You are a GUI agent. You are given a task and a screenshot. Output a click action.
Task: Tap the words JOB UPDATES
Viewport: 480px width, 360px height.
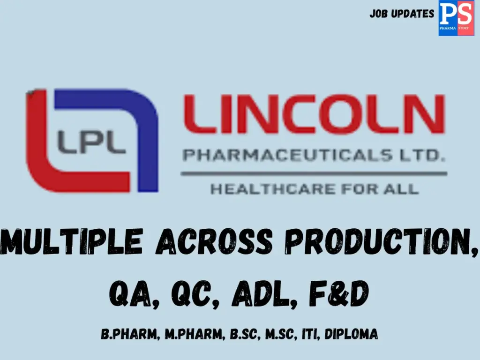(402, 14)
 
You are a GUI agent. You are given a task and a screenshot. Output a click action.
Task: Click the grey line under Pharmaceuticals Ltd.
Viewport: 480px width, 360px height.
(314, 173)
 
